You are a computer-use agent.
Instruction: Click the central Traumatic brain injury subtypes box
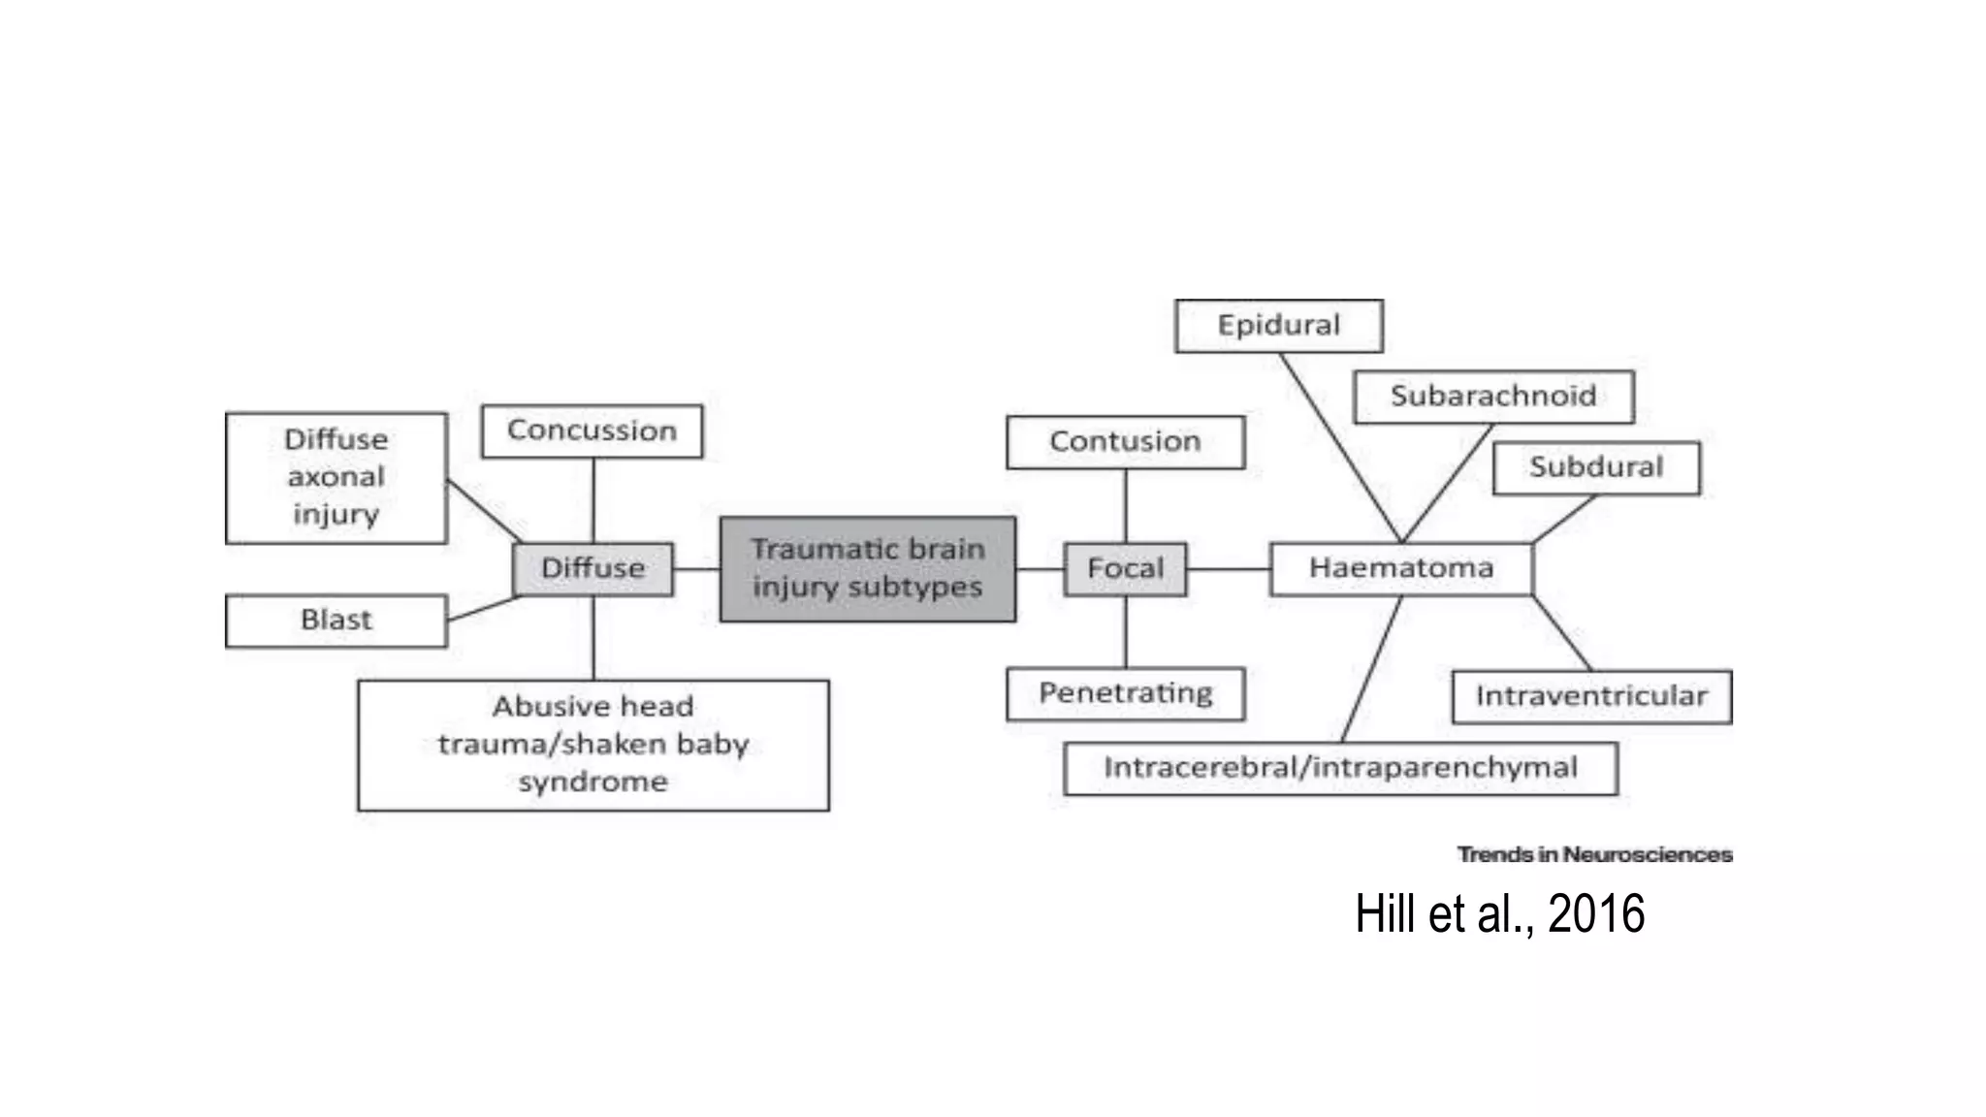868,568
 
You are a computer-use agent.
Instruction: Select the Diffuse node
593,568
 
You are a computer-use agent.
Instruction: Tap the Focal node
1125,568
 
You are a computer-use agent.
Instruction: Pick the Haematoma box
1401,568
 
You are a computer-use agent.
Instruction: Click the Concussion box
592,431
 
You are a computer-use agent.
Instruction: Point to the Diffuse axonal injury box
336,477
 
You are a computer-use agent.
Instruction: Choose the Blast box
336,620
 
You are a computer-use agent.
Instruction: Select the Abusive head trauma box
593,744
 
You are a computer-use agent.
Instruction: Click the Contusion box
1125,442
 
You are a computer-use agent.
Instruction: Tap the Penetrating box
1125,693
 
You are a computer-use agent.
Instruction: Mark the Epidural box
1278,325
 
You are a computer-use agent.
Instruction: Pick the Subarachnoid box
1493,396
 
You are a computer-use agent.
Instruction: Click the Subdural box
1596,467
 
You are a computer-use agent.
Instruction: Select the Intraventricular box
1591,696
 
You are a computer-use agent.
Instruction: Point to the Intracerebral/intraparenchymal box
1340,768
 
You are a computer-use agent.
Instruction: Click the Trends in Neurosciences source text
1594,854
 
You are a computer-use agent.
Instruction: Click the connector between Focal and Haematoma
1229,568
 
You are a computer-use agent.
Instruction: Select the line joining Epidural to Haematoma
1340,447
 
